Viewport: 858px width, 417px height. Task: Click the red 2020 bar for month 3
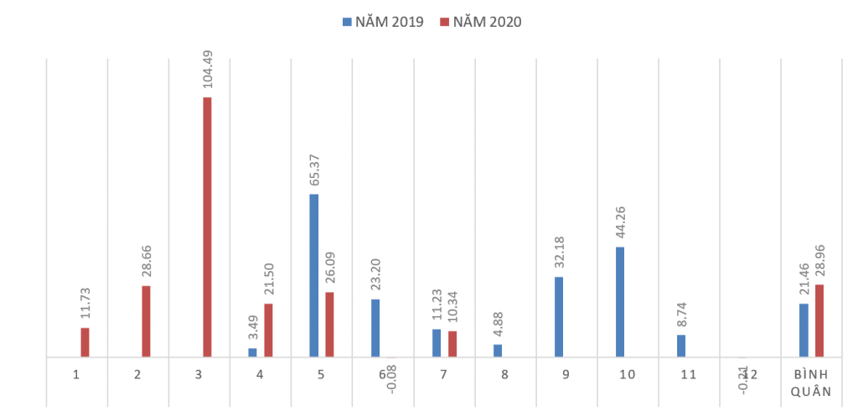pyautogui.click(x=207, y=227)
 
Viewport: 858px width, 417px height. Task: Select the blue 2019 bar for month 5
pyautogui.click(x=314, y=275)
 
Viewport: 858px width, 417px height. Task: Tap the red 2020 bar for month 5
pyautogui.click(x=329, y=325)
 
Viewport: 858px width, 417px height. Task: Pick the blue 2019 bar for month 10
pyautogui.click(x=621, y=302)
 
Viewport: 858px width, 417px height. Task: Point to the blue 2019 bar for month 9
pyautogui.click(x=559, y=316)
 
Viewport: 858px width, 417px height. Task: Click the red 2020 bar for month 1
pyautogui.click(x=85, y=342)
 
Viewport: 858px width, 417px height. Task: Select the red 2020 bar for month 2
pyautogui.click(x=146, y=321)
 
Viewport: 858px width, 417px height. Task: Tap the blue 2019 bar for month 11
pyautogui.click(x=681, y=346)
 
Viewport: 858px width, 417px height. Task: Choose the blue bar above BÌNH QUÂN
pyautogui.click(x=804, y=330)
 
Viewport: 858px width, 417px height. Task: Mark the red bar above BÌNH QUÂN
pyautogui.click(x=819, y=321)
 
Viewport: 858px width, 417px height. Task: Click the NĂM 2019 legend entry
pyautogui.click(x=383, y=22)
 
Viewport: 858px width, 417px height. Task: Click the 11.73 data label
pyautogui.click(x=85, y=303)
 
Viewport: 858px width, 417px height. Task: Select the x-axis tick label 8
pyautogui.click(x=504, y=374)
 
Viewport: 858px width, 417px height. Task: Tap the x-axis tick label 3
pyautogui.click(x=199, y=374)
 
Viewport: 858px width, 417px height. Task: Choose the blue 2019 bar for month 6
pyautogui.click(x=375, y=328)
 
